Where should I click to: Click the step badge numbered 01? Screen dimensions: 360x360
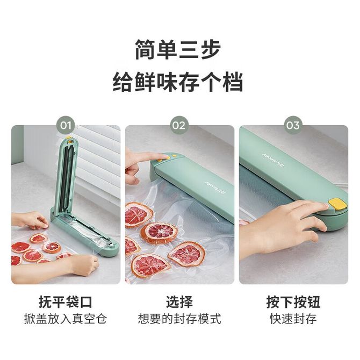pyautogui.click(x=66, y=125)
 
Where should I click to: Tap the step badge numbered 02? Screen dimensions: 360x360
pyautogui.click(x=179, y=125)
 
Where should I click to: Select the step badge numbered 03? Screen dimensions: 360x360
pyautogui.click(x=293, y=125)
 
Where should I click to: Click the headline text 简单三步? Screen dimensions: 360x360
pyautogui.click(x=177, y=49)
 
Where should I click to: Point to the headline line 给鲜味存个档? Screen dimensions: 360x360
pyautogui.click(x=177, y=82)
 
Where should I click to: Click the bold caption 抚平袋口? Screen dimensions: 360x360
pyautogui.click(x=66, y=301)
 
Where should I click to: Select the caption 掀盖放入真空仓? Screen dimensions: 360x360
pyautogui.click(x=66, y=319)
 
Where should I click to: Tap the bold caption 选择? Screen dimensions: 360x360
pyautogui.click(x=179, y=301)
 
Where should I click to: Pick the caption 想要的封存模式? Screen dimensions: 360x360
pyautogui.click(x=179, y=319)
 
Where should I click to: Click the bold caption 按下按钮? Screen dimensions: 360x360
pyautogui.click(x=293, y=301)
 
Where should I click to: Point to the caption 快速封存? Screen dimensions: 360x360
pyautogui.click(x=293, y=319)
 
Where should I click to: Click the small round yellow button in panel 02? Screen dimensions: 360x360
pyautogui.click(x=174, y=156)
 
